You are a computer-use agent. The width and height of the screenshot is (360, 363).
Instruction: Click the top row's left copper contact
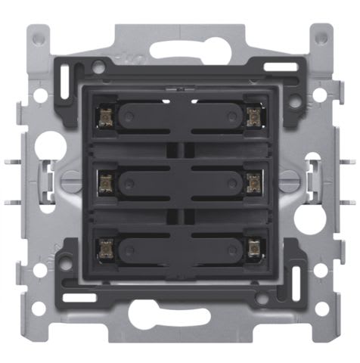click(105, 116)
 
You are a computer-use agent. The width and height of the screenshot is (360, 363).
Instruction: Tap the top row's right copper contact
click(253, 116)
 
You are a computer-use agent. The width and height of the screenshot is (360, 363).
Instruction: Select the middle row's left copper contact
click(105, 180)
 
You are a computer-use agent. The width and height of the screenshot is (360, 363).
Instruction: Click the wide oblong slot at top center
click(179, 50)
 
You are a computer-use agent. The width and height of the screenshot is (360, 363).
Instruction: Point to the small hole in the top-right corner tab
click(321, 36)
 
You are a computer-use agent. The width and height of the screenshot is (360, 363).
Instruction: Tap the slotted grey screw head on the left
click(70, 180)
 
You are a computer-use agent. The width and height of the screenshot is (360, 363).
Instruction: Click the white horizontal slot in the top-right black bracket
click(281, 67)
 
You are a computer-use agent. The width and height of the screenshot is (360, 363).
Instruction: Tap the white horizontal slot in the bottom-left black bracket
click(79, 297)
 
